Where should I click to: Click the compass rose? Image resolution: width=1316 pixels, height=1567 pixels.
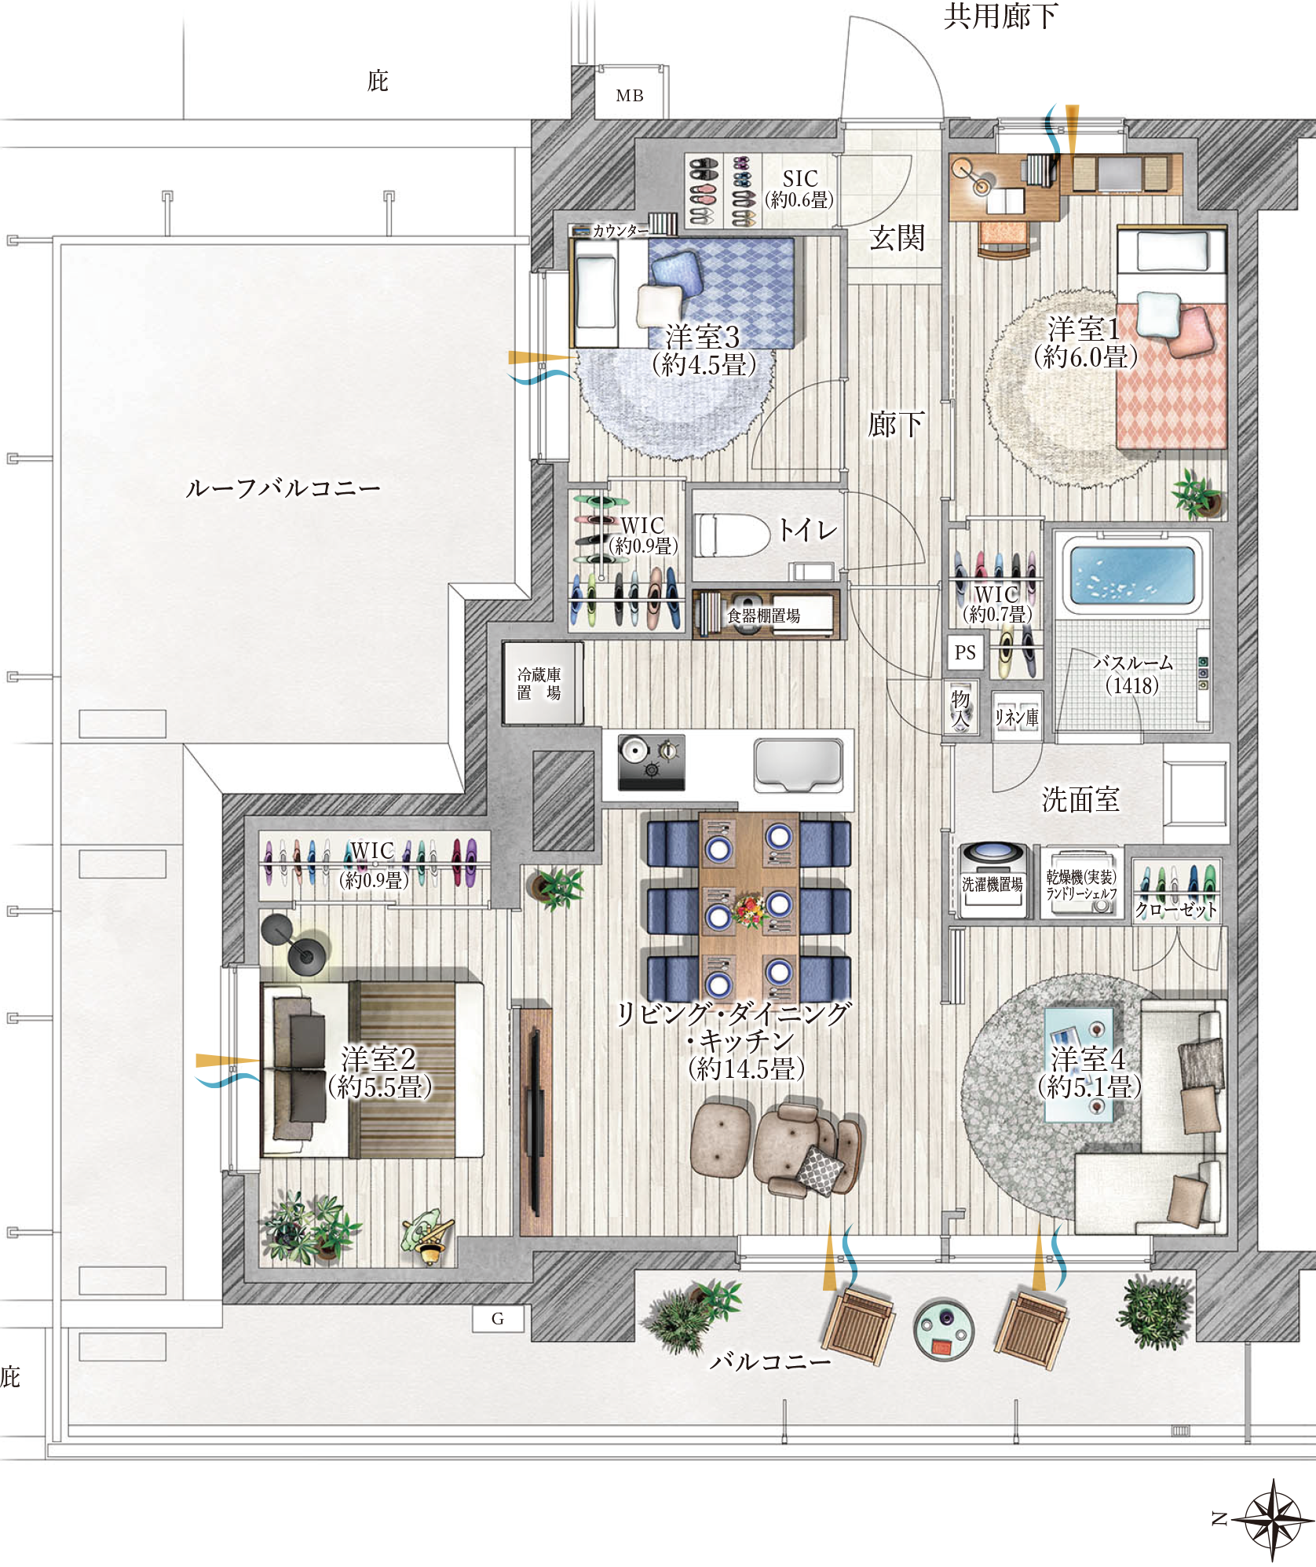coord(1273,1519)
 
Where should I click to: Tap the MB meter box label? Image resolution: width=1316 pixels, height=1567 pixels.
coord(630,96)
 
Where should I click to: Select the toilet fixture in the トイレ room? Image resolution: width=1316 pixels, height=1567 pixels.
coord(732,535)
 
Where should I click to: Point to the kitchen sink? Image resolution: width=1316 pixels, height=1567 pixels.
coord(799,765)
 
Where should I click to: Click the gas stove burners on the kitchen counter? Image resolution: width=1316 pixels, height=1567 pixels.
coord(651,762)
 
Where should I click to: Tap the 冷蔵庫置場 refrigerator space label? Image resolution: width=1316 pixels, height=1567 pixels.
coord(539,684)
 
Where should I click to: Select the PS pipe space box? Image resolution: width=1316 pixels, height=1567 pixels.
coord(965,652)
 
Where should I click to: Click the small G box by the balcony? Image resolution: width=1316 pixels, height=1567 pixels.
coord(498,1319)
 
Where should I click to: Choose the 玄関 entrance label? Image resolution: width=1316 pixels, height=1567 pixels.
coord(897,238)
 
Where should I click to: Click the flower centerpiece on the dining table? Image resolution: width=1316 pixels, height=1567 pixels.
coord(750,911)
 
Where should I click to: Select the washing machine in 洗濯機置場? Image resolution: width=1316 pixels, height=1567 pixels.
coord(992,878)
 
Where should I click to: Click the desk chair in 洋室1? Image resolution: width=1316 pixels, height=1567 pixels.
coord(1003,239)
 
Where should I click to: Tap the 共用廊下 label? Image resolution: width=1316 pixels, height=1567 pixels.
coord(1001,16)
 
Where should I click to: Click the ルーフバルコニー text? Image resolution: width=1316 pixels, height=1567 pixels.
coord(283,488)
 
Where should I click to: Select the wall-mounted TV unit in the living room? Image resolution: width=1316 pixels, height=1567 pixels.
coord(536,1122)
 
